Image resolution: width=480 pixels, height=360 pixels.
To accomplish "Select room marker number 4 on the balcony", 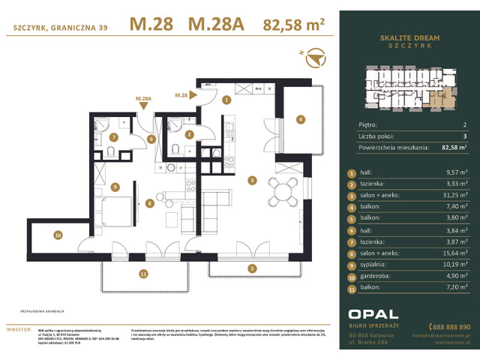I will [x=300, y=118].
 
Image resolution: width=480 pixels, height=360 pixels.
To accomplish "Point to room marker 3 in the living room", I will [x=253, y=180].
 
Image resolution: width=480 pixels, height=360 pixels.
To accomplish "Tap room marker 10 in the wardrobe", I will [x=58, y=235].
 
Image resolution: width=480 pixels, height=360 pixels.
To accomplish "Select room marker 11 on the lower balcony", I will [x=143, y=275].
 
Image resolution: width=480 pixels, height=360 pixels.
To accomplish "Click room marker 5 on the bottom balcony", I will [x=253, y=268].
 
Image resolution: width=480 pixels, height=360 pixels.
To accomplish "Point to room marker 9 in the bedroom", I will [x=115, y=187].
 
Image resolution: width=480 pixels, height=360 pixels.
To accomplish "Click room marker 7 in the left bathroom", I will [x=113, y=137].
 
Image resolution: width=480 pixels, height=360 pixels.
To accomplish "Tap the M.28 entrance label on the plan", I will [x=181, y=95].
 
